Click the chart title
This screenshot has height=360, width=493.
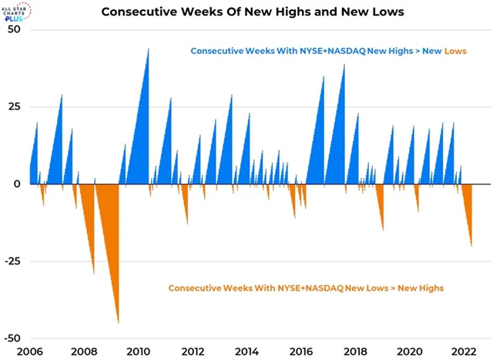pos(246,12)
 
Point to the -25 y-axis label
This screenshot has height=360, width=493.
pos(13,261)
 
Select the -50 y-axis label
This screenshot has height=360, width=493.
pos(13,338)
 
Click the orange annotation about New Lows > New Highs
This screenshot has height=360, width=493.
pos(306,288)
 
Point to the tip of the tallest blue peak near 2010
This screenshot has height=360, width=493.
pos(149,48)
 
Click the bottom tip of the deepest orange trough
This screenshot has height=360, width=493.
pos(118,323)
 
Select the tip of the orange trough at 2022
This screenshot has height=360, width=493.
pos(471,247)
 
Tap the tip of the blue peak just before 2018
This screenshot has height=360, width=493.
pos(344,63)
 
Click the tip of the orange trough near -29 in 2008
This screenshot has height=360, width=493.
pos(94,274)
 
